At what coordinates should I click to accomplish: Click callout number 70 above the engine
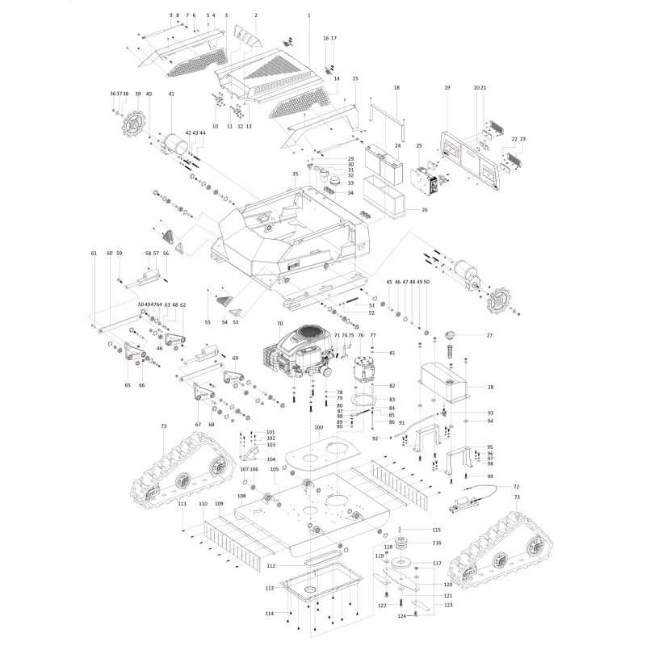click(280, 324)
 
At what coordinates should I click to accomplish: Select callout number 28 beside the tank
click(489, 388)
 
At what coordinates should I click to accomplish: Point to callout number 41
click(171, 94)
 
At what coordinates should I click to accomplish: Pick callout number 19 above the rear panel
click(447, 87)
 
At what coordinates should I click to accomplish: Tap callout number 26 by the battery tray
click(424, 210)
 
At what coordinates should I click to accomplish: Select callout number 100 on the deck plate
click(319, 427)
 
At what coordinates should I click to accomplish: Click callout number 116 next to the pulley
click(437, 543)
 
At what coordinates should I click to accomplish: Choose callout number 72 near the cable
click(516, 487)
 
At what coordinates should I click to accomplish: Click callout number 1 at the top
click(309, 16)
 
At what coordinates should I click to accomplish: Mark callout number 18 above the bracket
click(396, 87)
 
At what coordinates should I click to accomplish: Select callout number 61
click(94, 254)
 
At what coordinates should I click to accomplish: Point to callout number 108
click(241, 496)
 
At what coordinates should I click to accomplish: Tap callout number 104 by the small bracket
click(271, 459)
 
